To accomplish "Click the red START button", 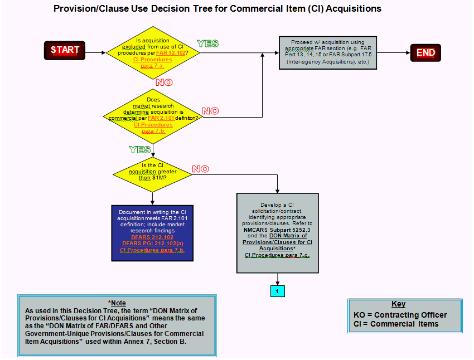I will point(65,50).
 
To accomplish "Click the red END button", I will point(425,53).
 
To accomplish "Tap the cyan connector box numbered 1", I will point(277,290).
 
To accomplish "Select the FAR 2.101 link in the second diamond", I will point(161,118).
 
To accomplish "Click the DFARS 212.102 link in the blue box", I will point(152,237).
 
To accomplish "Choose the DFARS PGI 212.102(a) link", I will point(152,244).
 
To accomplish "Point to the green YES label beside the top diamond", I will point(207,43).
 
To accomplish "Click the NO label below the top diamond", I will point(164,82).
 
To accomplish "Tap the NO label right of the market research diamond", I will point(210,111).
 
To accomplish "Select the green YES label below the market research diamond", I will point(140,149).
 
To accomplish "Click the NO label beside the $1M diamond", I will point(200,169).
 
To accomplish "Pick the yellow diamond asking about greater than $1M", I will point(152,172).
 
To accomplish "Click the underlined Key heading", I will point(398,304).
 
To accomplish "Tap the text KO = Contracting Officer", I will point(400,315).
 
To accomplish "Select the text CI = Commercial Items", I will point(396,324).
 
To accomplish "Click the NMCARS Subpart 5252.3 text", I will point(277,229).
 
